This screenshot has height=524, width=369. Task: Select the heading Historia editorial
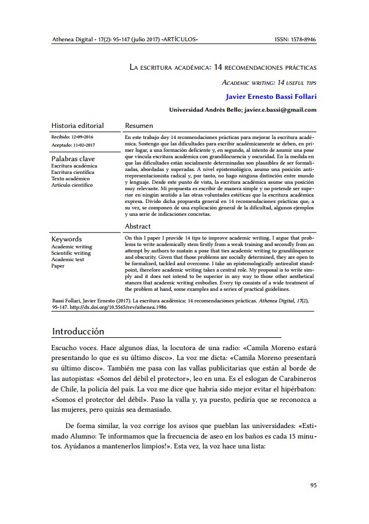tap(77, 125)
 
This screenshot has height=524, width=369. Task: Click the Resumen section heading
tap(139, 125)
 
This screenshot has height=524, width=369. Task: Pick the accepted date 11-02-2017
tap(83, 144)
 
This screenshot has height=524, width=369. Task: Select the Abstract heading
tap(138, 226)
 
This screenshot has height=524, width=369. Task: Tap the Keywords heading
tap(66, 239)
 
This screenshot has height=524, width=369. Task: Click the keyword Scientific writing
tap(71, 253)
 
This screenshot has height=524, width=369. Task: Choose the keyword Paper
tap(58, 266)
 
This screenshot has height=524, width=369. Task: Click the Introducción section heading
tap(78, 331)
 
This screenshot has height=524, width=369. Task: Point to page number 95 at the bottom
tap(313, 484)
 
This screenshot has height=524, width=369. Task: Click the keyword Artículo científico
tap(72, 185)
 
